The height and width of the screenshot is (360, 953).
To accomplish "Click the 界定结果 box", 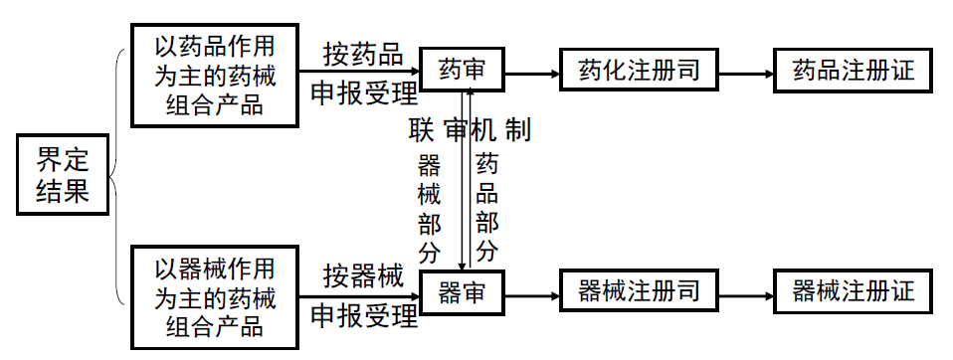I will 63,176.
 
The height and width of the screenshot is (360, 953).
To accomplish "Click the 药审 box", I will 460,70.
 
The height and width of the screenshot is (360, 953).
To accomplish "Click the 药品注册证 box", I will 854,70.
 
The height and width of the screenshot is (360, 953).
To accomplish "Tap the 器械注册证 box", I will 854,291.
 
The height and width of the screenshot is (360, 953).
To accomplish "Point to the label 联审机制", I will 469,130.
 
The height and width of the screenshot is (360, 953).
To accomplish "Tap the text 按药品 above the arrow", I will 362,53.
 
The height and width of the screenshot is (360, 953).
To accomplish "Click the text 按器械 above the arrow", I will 362,275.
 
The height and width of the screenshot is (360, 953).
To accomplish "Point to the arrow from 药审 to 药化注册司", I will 531,71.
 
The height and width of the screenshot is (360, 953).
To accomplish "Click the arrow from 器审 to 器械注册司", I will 531,292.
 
